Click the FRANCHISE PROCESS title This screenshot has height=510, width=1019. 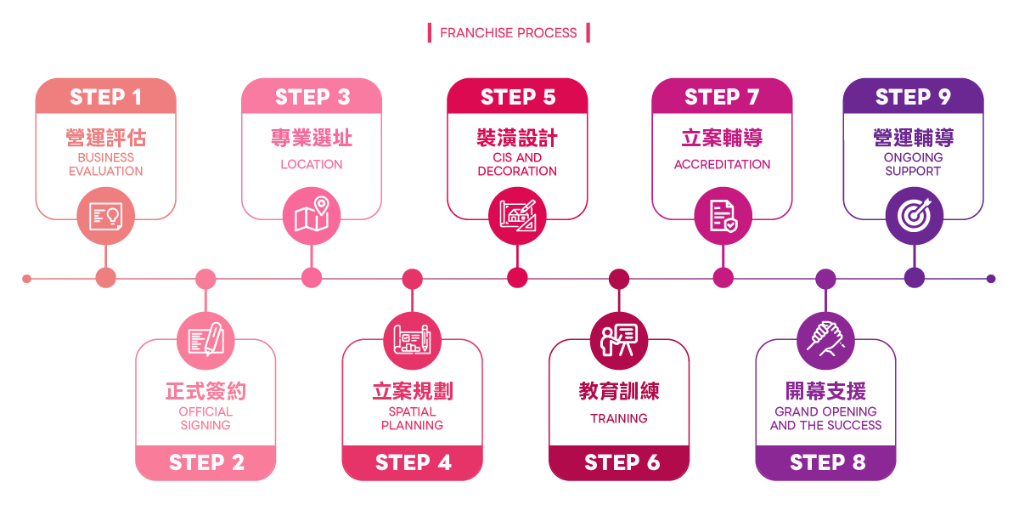click(508, 33)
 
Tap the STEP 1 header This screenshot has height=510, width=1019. click(105, 97)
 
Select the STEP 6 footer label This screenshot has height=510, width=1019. click(622, 462)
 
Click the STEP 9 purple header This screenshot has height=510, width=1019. click(913, 97)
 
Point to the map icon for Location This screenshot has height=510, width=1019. click(312, 216)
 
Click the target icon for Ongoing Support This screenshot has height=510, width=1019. click(914, 216)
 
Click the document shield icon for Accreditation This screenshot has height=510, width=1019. click(723, 216)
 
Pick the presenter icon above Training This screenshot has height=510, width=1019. click(619, 339)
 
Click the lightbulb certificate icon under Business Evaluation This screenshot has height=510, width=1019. click(105, 216)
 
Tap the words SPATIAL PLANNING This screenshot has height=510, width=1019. click(412, 418)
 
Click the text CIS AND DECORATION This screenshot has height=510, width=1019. click(517, 164)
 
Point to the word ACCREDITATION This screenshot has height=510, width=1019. click(723, 164)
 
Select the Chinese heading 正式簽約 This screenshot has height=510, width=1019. click(205, 391)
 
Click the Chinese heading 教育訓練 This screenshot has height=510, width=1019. click(619, 391)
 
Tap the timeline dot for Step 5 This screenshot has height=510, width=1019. click(517, 278)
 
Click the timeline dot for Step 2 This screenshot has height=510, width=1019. click(205, 278)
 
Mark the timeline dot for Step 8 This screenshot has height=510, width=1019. click(825, 278)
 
